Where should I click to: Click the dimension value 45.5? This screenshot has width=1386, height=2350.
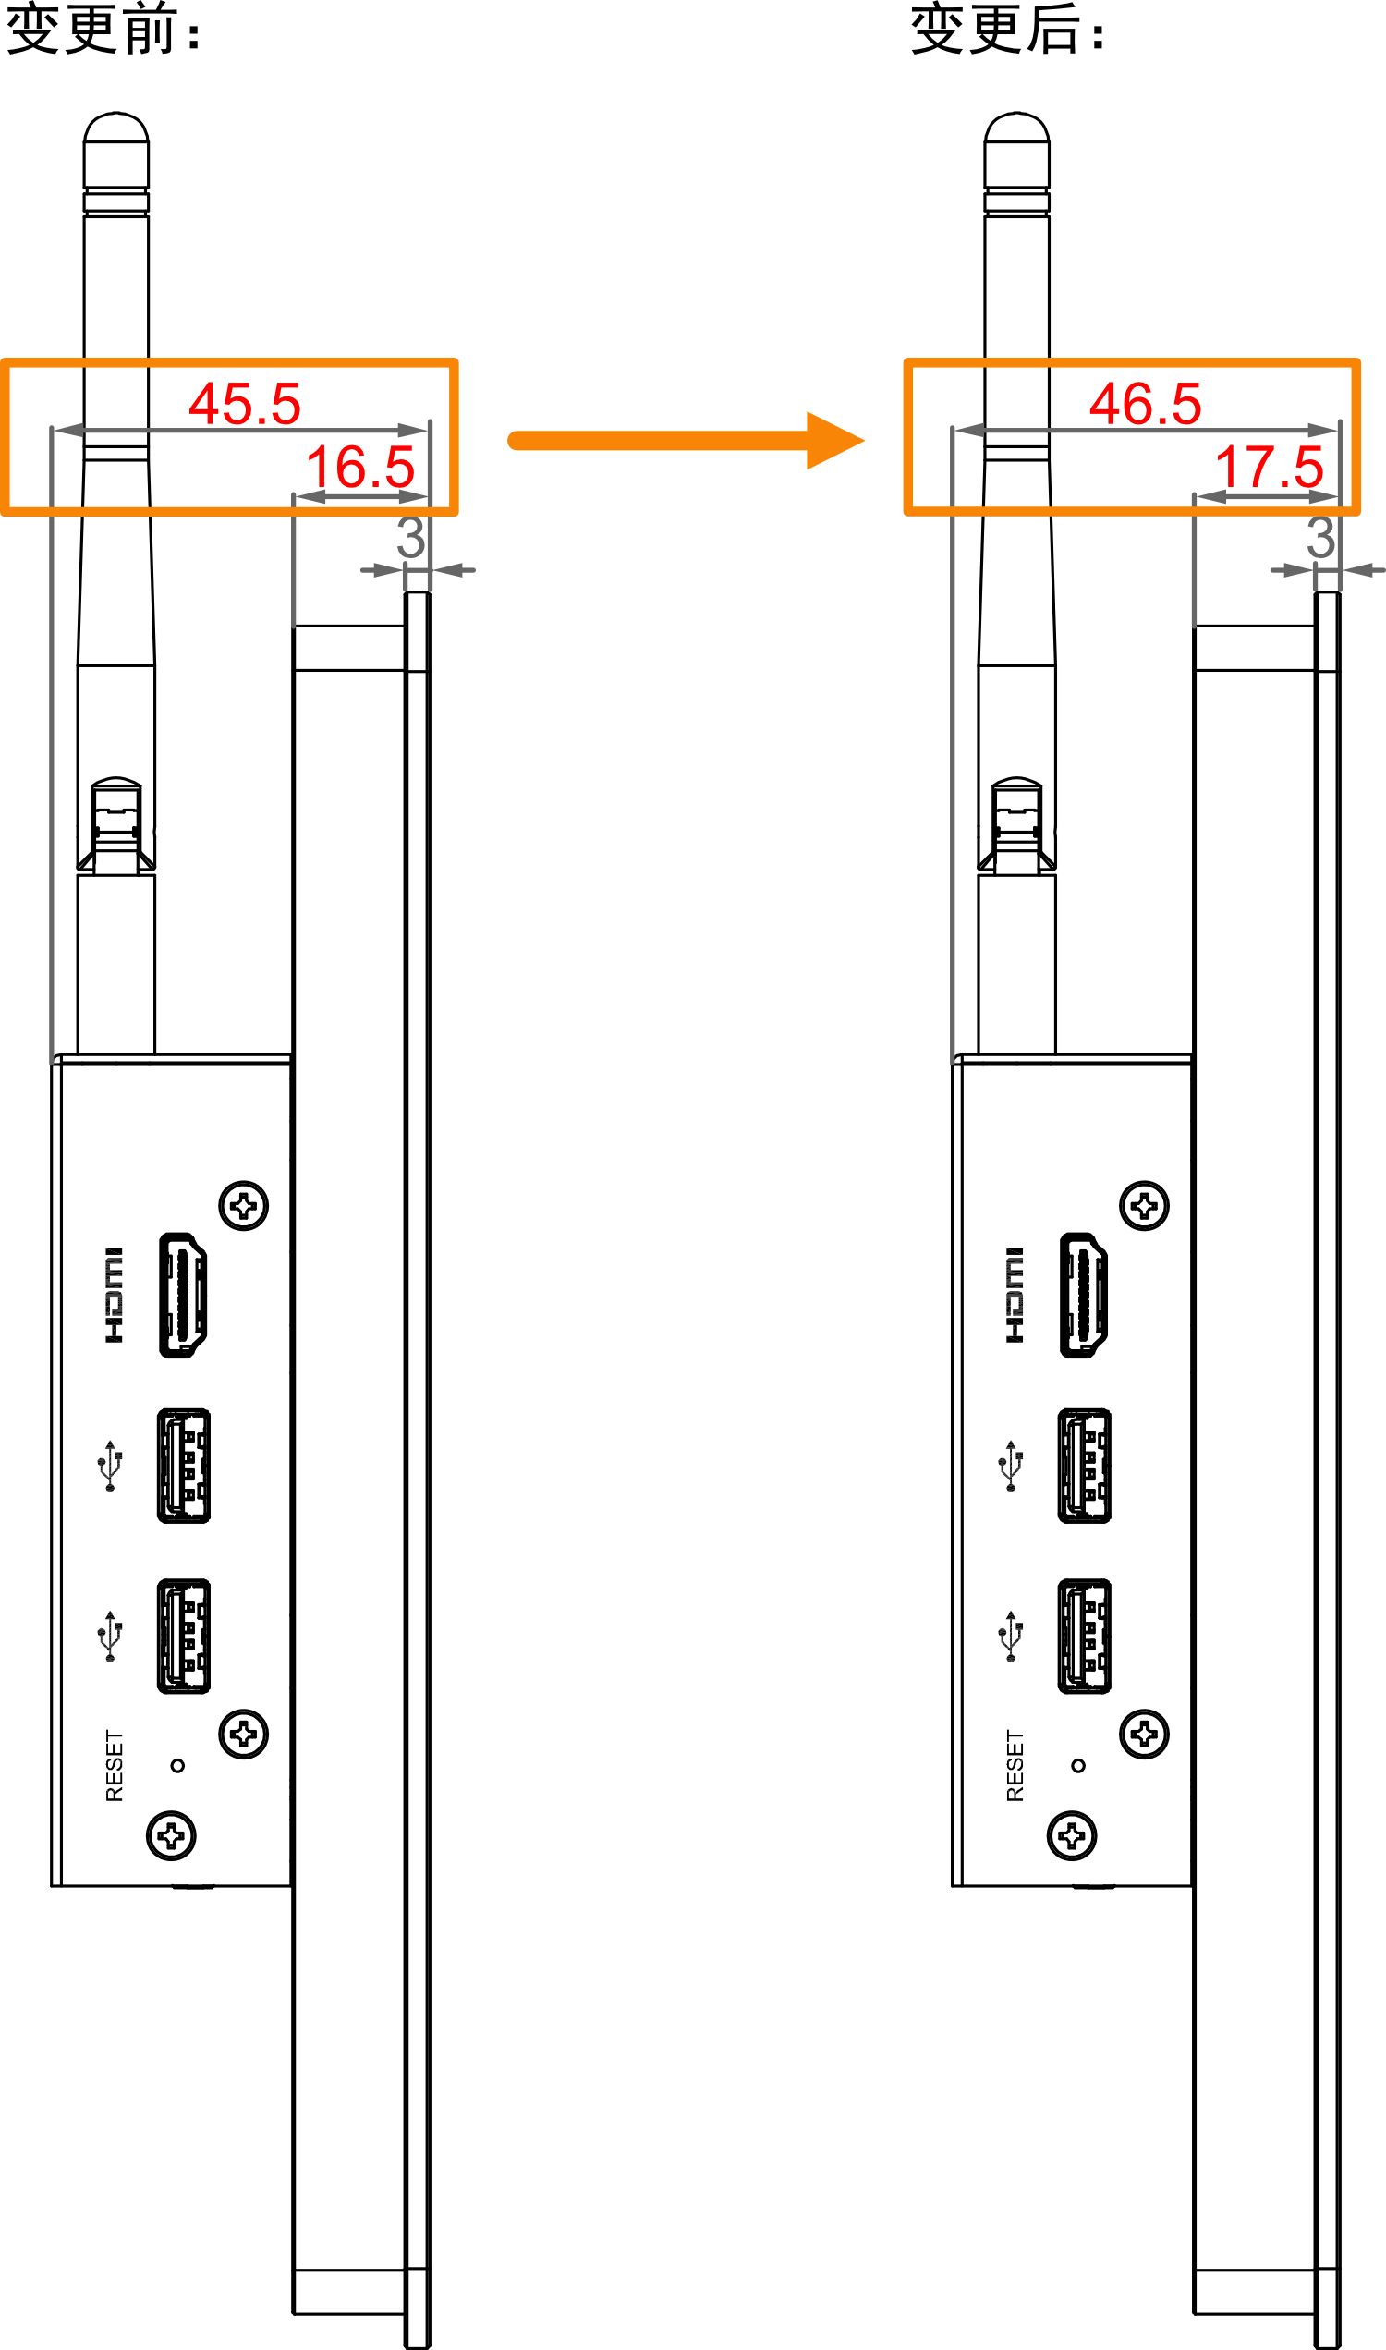[x=245, y=404]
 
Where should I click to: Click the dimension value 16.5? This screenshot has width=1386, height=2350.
[x=360, y=467]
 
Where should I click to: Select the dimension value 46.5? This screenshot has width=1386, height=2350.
[x=1145, y=404]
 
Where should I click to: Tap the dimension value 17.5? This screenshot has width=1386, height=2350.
[x=1270, y=467]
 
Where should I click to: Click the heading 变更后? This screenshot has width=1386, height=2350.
[x=995, y=28]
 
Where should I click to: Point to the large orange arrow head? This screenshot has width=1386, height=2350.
[x=835, y=440]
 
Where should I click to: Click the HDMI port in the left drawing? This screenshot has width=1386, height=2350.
[x=183, y=1295]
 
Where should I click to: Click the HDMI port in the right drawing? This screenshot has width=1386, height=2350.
[x=1084, y=1295]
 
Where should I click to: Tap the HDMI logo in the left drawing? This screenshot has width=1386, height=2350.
[x=113, y=1296]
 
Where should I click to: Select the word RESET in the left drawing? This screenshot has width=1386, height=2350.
[x=114, y=1765]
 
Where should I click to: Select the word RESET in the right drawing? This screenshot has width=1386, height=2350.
[x=1015, y=1765]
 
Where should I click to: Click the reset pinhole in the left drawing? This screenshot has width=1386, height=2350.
[x=177, y=1765]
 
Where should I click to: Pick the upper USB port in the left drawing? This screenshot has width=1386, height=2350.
[x=183, y=1466]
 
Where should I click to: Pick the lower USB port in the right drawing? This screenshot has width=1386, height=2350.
[x=1085, y=1637]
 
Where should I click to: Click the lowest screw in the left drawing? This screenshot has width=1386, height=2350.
[x=171, y=1836]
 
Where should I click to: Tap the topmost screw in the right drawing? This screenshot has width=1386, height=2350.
[x=1144, y=1206]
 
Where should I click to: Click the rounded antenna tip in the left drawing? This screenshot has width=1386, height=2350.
[x=115, y=127]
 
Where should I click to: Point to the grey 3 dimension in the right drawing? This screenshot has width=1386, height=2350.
[x=1320, y=537]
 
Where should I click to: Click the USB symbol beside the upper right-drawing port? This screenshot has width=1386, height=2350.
[x=1011, y=1466]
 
